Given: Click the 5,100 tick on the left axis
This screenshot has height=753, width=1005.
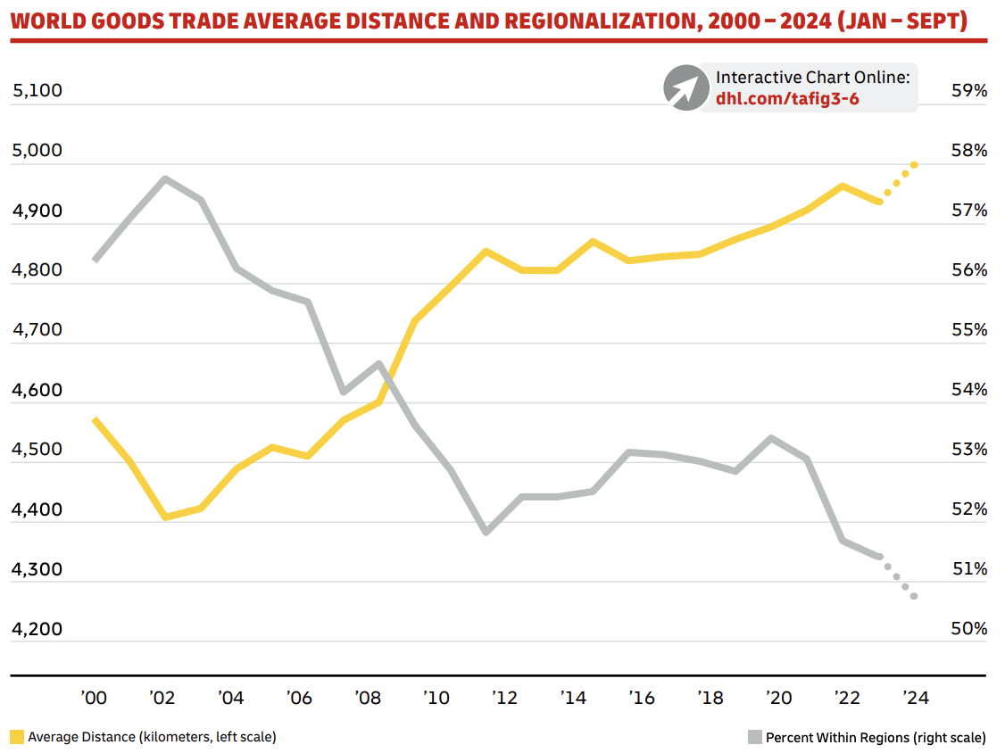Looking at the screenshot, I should tap(37, 91).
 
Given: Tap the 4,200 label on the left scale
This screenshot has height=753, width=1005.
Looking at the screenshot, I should tap(37, 629).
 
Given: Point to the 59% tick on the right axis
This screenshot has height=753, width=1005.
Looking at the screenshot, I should tap(968, 91).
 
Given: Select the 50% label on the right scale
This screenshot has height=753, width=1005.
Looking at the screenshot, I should tap(968, 629).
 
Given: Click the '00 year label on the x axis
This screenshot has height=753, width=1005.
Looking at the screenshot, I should tap(94, 698).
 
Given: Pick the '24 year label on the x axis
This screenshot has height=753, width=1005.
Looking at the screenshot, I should tap(916, 698).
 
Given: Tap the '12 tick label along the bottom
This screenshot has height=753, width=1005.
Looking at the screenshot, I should tap(505, 698).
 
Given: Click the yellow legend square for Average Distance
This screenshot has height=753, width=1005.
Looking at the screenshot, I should tap(17, 737).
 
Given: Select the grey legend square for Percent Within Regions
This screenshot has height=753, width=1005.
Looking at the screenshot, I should tap(754, 737).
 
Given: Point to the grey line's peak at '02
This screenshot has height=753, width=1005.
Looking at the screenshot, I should tap(165, 178).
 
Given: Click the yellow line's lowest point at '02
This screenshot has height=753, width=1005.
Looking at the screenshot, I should tap(165, 517).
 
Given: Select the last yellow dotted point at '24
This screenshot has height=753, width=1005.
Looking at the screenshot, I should tap(915, 165).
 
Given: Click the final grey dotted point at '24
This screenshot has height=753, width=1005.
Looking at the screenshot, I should tap(915, 596).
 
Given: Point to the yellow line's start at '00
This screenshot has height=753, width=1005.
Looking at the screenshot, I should tap(95, 419).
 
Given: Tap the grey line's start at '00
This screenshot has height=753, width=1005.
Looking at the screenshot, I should tap(95, 260).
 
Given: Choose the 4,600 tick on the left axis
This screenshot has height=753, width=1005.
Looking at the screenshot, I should tap(37, 390).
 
